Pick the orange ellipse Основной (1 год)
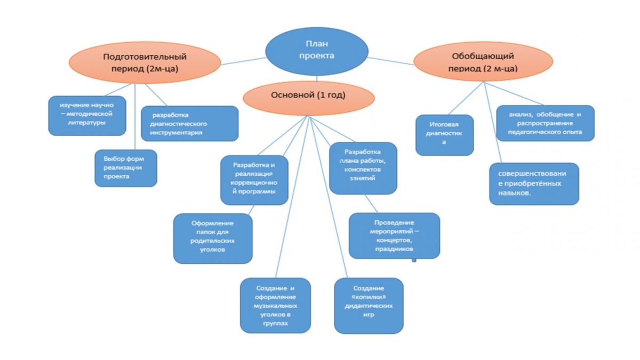point(309,96)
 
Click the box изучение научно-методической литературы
point(87,115)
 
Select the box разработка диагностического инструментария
point(189,123)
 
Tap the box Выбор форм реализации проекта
point(126,168)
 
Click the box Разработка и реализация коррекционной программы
point(254,180)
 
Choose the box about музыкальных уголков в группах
point(275,305)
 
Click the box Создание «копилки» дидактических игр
point(369,306)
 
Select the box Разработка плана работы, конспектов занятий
point(363,167)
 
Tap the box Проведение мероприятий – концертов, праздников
point(394,235)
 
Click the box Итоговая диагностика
point(444,135)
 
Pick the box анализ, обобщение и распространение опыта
point(545,123)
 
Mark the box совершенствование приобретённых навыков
point(534,183)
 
